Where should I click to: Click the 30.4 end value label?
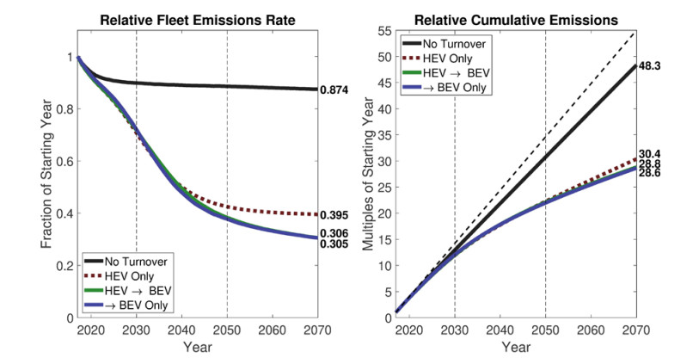650,155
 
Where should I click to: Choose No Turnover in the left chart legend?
137,261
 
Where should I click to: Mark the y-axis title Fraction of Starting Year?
46,175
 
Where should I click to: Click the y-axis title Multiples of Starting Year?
366,175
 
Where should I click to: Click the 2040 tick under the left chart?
181,330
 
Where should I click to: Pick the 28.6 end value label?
650,173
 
